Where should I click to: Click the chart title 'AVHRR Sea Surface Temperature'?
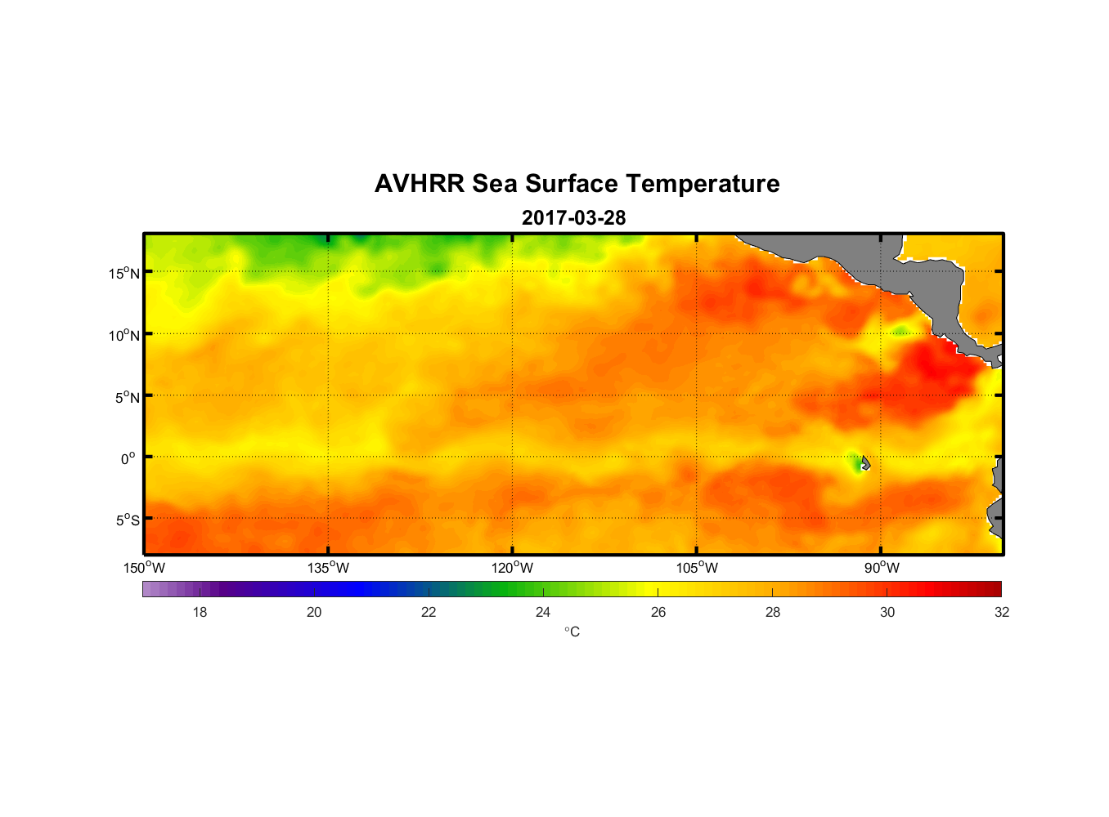click(577, 184)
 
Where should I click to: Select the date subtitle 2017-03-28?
click(573, 218)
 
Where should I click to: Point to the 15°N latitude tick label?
click(124, 273)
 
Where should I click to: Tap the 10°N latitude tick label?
click(124, 335)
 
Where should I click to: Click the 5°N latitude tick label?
click(127, 397)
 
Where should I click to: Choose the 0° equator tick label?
click(128, 458)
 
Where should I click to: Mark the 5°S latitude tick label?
click(127, 520)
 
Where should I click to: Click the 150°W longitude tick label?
click(144, 568)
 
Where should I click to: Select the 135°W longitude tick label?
click(328, 568)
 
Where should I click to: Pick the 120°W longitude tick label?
click(512, 568)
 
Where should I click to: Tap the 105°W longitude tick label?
click(697, 568)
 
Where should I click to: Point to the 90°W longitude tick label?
click(881, 568)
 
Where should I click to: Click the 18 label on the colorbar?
click(200, 612)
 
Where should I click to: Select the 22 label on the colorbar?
click(429, 612)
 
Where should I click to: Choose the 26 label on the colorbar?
click(658, 612)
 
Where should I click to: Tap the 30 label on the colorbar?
click(887, 612)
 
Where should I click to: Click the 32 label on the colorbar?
click(1002, 612)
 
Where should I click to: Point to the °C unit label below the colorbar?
click(572, 632)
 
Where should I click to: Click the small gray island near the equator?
click(865, 463)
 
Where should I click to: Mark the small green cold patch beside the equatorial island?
click(855, 463)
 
